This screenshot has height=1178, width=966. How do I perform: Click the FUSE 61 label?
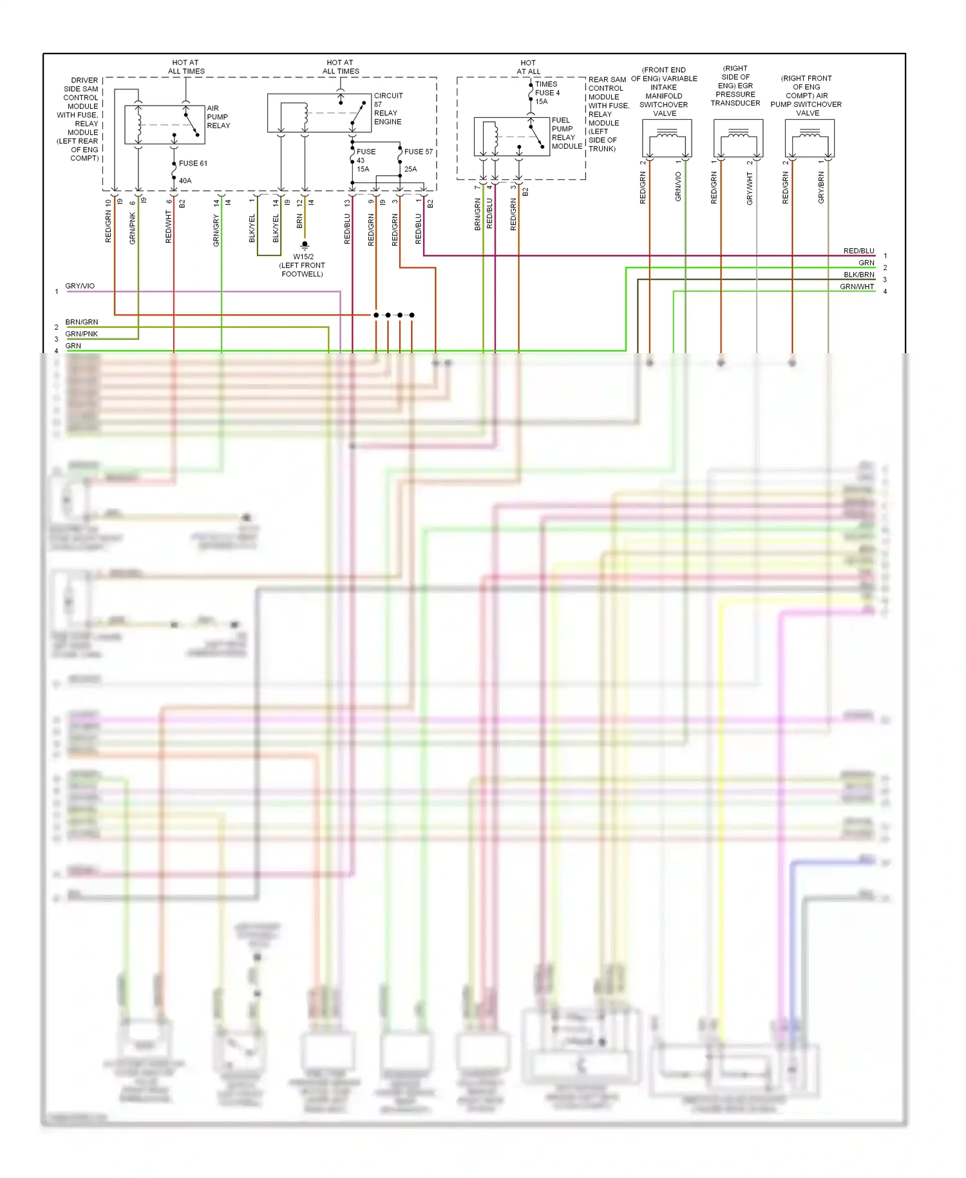(193, 163)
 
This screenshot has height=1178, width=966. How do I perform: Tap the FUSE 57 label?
(419, 151)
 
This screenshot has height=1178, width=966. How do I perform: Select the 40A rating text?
(185, 180)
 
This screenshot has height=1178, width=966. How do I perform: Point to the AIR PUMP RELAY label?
(218, 117)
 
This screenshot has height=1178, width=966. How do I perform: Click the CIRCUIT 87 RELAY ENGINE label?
(388, 108)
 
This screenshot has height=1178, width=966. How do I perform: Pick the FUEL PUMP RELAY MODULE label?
(566, 133)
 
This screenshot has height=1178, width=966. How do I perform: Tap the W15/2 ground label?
(302, 265)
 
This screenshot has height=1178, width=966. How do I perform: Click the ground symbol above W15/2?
(305, 245)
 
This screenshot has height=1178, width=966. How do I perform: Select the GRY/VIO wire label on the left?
(80, 285)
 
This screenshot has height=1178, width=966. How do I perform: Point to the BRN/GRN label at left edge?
(82, 322)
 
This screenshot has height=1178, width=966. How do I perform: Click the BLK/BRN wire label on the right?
(859, 275)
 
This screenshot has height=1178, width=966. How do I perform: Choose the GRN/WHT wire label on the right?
(857, 287)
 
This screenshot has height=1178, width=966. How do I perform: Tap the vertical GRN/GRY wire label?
(216, 231)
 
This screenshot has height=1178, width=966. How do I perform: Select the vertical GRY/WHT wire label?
(750, 189)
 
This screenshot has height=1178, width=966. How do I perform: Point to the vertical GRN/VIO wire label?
(678, 187)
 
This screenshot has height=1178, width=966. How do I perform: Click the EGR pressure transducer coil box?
(738, 138)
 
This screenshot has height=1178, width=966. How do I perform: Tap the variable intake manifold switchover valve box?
(667, 138)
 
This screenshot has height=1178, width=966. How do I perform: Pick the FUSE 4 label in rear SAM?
(547, 93)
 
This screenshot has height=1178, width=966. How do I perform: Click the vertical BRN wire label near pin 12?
(299, 221)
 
